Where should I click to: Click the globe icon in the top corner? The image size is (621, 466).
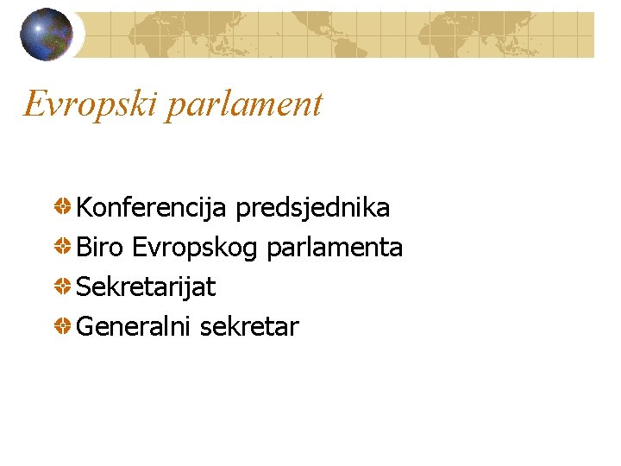47,35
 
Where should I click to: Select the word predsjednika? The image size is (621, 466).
312,208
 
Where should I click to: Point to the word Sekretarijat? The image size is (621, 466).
146,287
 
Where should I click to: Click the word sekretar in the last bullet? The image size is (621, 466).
249,327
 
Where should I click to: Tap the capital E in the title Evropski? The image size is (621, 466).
34,104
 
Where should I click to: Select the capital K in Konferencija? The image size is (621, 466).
85,208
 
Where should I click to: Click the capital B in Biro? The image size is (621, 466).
85,248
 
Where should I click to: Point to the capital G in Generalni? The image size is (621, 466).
86,327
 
